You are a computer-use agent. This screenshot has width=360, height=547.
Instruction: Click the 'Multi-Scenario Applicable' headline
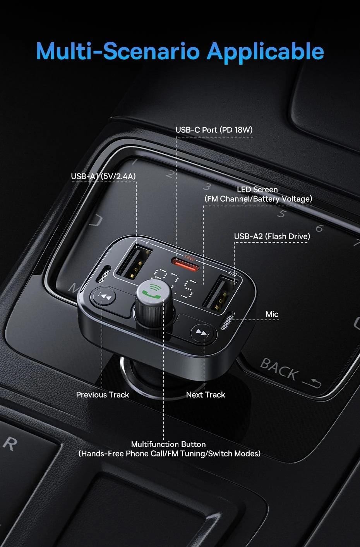click(x=180, y=51)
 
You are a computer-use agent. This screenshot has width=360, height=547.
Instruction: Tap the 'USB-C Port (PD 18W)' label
click(x=214, y=130)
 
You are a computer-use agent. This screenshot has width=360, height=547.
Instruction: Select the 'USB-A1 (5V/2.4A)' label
click(x=103, y=177)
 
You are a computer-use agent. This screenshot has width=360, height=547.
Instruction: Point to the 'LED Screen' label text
click(x=257, y=190)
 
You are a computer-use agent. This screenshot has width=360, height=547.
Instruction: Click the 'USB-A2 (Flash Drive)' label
click(x=272, y=237)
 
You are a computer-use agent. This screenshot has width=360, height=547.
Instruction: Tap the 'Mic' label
click(x=272, y=314)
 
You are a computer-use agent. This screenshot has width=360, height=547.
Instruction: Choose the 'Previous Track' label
click(x=102, y=395)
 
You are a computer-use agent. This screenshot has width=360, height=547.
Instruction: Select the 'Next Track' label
click(x=205, y=395)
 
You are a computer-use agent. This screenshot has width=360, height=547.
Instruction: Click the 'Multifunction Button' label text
click(x=168, y=444)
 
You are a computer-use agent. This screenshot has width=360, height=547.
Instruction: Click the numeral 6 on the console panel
click(x=319, y=228)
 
